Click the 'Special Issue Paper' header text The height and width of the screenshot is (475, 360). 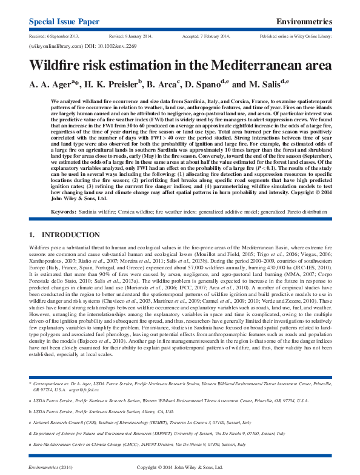[64, 22]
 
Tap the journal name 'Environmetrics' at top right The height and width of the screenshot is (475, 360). [304, 22]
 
